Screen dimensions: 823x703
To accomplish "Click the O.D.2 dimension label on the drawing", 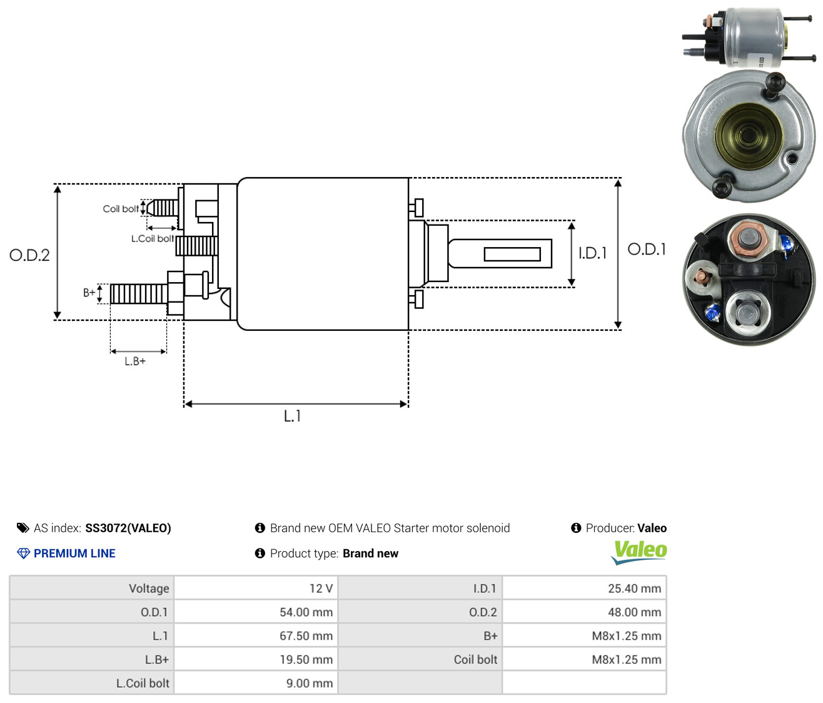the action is (x=29, y=255).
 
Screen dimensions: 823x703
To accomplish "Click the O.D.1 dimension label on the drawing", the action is (x=646, y=250).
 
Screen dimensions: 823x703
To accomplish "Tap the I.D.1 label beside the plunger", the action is (x=592, y=253).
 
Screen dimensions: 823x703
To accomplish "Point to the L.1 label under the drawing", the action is (x=292, y=416).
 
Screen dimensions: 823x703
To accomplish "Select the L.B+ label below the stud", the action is (x=135, y=362).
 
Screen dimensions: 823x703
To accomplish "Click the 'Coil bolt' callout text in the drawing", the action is (x=121, y=209).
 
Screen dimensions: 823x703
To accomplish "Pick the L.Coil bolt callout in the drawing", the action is (x=153, y=238).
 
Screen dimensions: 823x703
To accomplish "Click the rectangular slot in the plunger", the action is (x=512, y=254).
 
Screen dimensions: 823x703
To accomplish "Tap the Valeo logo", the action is (x=639, y=552).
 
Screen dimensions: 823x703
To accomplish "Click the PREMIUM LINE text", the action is (x=74, y=554).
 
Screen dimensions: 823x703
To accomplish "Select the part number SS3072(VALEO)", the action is (x=128, y=528).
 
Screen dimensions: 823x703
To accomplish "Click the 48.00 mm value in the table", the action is (x=634, y=612).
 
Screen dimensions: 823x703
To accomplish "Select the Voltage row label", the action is (x=149, y=589).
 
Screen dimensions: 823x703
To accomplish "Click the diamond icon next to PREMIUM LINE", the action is (x=24, y=554).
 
